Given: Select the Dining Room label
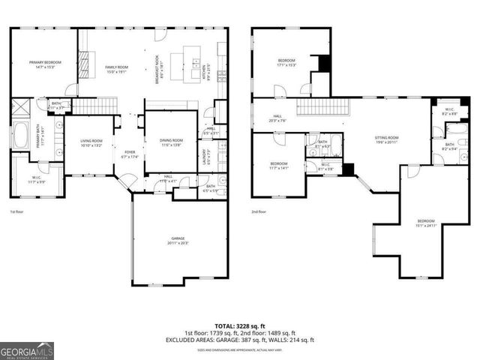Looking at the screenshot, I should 172,142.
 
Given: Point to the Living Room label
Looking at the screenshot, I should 92,142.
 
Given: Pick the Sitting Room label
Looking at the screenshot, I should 387,139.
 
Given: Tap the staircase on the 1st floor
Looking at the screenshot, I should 95,108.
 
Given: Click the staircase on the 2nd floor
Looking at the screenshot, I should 322,107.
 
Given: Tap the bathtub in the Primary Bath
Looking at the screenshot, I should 19,137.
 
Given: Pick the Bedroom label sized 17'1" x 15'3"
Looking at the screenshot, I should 287,62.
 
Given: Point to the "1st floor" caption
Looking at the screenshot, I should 18,211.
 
